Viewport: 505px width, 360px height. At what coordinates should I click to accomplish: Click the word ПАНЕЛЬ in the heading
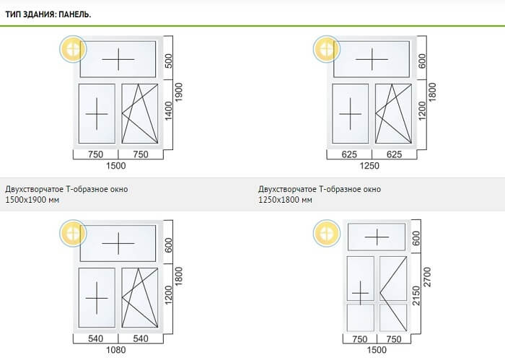tap(75, 14)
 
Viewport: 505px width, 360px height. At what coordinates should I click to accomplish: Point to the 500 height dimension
tap(168, 61)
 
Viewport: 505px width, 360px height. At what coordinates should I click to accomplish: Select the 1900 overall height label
tap(178, 92)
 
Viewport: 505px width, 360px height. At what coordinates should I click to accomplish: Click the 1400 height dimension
tap(168, 111)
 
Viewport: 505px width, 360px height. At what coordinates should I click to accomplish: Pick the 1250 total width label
tap(369, 166)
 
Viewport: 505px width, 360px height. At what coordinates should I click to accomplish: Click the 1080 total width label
tap(116, 350)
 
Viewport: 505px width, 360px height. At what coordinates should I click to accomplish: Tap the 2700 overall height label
tap(427, 276)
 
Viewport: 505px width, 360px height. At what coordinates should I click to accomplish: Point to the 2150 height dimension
tap(416, 295)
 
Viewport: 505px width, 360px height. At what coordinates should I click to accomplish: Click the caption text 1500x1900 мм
tap(32, 200)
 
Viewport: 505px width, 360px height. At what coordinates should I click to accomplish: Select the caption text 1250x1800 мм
tap(285, 200)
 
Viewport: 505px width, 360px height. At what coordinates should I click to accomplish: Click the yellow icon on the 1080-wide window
tap(73, 234)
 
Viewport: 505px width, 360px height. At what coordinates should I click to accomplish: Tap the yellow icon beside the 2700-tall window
tap(327, 234)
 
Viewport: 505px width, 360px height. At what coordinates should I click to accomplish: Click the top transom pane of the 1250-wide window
tap(372, 59)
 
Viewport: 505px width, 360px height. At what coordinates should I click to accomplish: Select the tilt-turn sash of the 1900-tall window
tap(140, 114)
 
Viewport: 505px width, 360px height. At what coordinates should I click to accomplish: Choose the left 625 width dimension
tap(349, 154)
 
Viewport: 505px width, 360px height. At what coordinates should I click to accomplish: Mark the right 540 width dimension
tap(141, 339)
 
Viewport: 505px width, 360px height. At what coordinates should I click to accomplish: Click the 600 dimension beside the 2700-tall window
tap(416, 238)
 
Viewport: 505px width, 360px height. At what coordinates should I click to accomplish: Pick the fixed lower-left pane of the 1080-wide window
tap(97, 298)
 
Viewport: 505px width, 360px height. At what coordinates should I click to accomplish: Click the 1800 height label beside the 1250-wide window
tap(432, 92)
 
